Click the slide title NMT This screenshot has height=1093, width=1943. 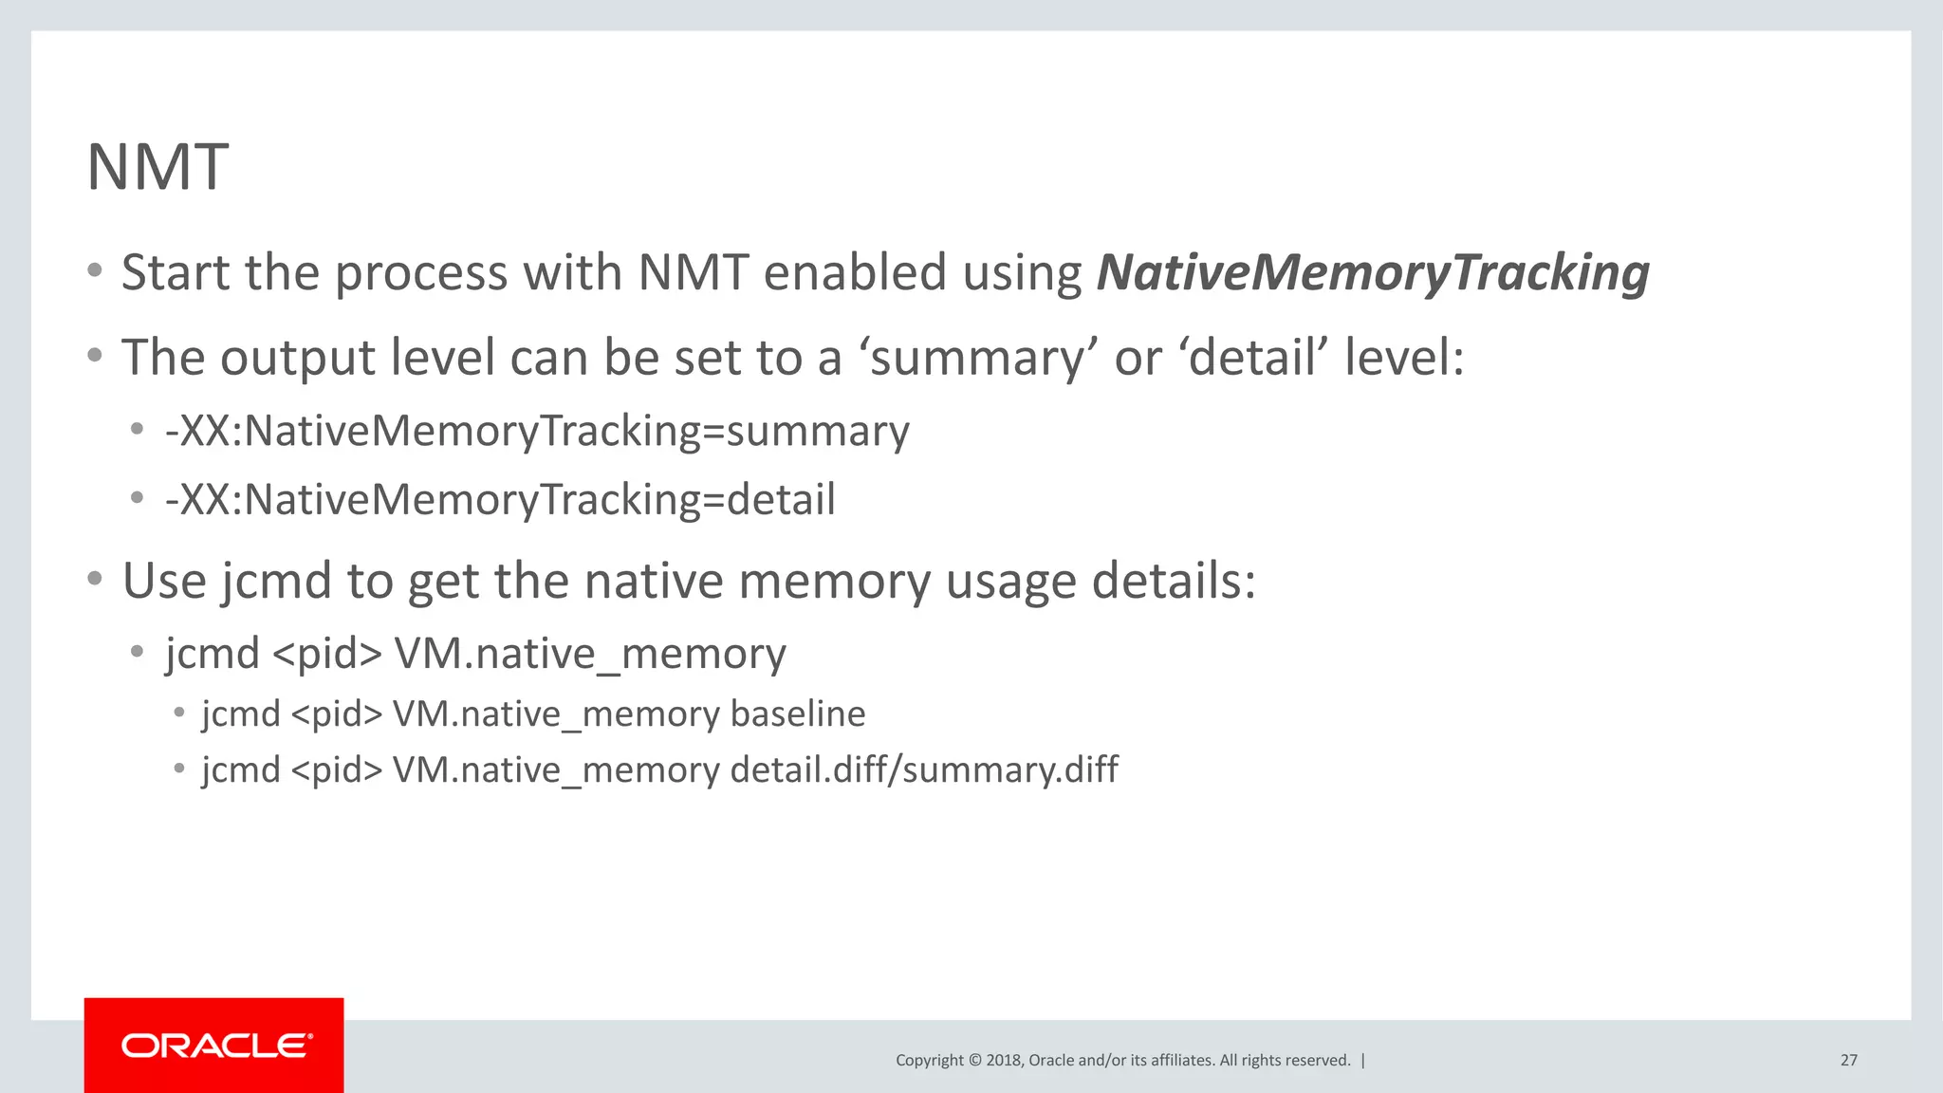click(x=157, y=167)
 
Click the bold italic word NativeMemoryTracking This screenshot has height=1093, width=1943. click(x=1373, y=273)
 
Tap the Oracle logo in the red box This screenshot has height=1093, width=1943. click(x=215, y=1046)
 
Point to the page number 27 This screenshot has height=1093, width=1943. click(x=1848, y=1060)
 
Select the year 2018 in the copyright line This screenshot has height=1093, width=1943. click(x=1003, y=1060)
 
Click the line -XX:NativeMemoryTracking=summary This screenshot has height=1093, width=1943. click(x=537, y=432)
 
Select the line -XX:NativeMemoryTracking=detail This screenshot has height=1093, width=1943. click(x=500, y=500)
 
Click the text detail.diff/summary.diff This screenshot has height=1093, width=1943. click(x=924, y=769)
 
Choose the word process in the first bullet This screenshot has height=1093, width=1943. click(x=421, y=273)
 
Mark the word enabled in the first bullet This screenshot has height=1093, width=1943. click(x=855, y=273)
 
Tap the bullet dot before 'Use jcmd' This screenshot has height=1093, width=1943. click(x=94, y=578)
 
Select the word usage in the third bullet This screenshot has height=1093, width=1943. click(x=1011, y=581)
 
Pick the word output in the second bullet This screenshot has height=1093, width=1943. click(x=296, y=359)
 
